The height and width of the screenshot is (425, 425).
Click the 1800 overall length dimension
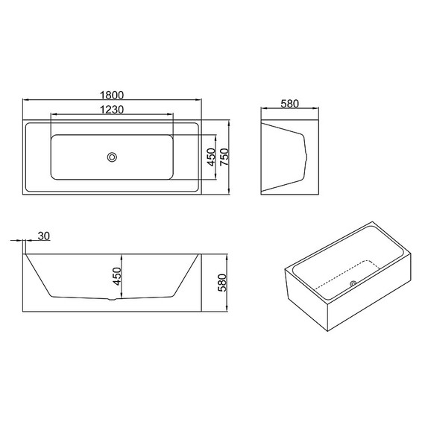click(x=112, y=95)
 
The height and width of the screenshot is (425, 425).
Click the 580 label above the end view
click(x=289, y=104)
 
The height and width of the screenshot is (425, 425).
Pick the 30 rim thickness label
click(x=43, y=236)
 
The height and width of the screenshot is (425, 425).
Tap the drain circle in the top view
click(x=113, y=157)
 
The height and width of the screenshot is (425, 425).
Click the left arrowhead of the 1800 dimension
click(x=25, y=101)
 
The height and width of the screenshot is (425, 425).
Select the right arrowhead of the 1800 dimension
click(x=201, y=101)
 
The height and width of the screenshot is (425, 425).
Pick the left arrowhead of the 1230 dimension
click(x=52, y=116)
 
